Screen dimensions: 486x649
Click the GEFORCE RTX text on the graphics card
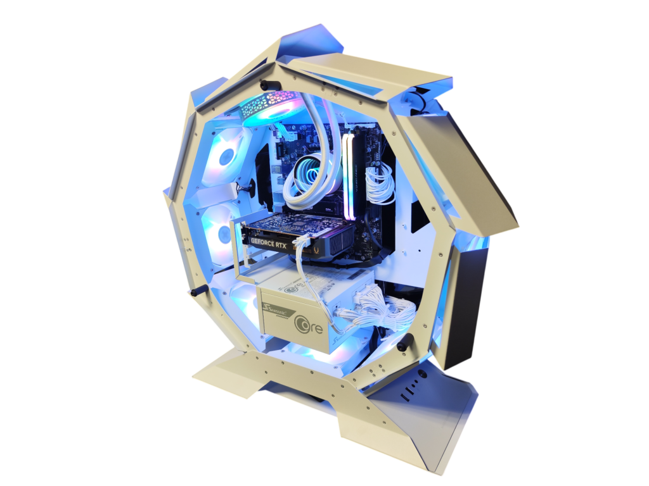click(269, 241)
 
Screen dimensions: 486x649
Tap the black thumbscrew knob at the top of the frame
click(266, 85)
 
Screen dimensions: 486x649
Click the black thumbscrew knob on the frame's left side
click(196, 290)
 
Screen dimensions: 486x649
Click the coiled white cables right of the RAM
click(379, 183)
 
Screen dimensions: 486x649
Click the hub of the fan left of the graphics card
click(224, 234)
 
